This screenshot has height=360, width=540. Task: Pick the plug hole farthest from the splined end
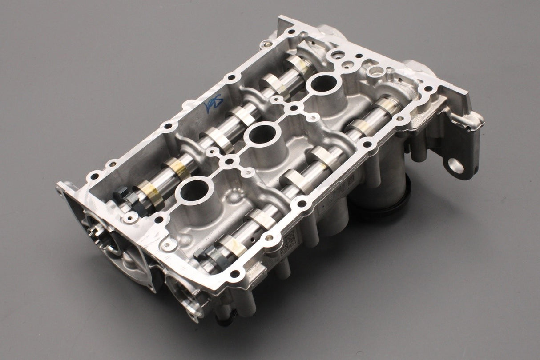(x=324, y=83)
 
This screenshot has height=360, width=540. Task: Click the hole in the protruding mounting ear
(x=456, y=166)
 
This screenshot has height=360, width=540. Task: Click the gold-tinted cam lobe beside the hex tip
(x=148, y=194)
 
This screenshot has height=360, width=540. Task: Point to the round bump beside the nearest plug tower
(x=231, y=196)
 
